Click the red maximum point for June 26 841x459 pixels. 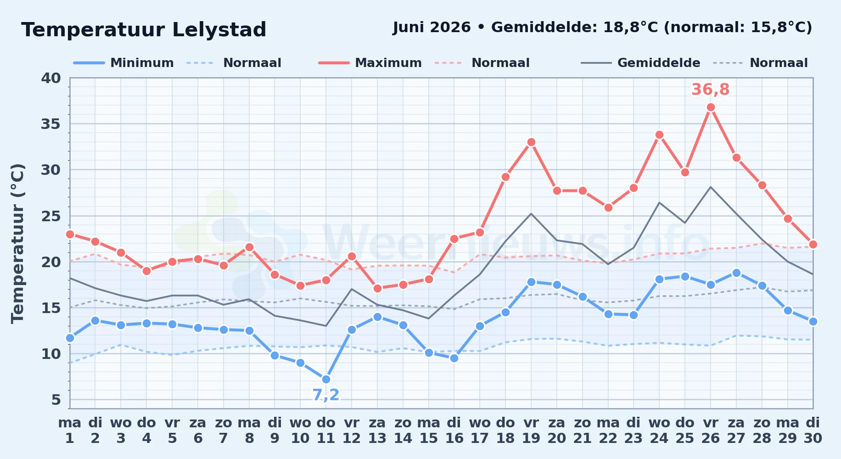[x=711, y=107]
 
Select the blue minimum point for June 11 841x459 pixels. [x=326, y=379]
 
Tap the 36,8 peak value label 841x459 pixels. [x=711, y=90]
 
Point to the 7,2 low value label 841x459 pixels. [x=326, y=395]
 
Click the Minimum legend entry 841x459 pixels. [x=124, y=63]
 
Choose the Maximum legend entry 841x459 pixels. [x=370, y=63]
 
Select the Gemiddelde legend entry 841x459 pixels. [x=641, y=63]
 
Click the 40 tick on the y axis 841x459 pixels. [x=51, y=78]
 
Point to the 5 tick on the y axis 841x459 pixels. [x=56, y=400]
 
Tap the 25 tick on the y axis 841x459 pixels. [x=51, y=216]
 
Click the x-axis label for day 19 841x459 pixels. [x=531, y=430]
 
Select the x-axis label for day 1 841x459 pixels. [x=70, y=430]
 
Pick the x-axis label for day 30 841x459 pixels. [x=813, y=430]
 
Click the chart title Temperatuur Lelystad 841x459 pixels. [x=144, y=30]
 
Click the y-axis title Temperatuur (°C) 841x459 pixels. [x=17, y=243]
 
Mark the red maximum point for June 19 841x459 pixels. [x=531, y=142]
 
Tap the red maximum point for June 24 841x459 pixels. [x=659, y=135]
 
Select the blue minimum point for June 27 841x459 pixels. [x=736, y=273]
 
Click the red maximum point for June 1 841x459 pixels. [x=70, y=234]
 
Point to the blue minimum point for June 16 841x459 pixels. [x=454, y=358]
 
